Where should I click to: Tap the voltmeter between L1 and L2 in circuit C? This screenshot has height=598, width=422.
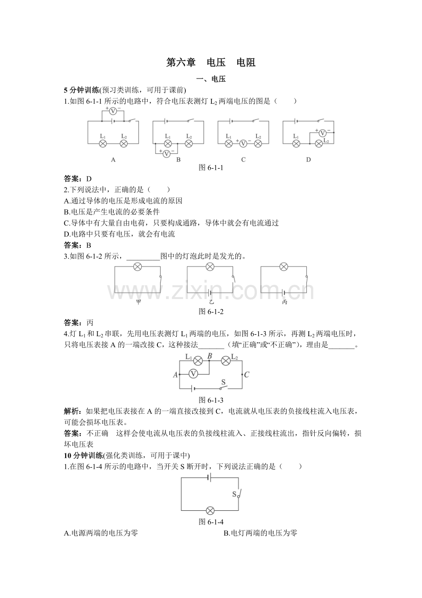pyautogui.click(x=243, y=143)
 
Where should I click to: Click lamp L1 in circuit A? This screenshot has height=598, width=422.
pyautogui.click(x=103, y=143)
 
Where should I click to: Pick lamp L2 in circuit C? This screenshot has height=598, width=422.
pyautogui.click(x=258, y=143)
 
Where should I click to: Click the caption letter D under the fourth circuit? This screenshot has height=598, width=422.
pyautogui.click(x=308, y=160)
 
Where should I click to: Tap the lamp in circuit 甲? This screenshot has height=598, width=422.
pyautogui.click(x=137, y=267)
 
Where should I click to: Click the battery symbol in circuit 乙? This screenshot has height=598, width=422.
pyautogui.click(x=210, y=293)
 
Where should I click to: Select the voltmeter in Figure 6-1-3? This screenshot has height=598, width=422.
pyautogui.click(x=193, y=374)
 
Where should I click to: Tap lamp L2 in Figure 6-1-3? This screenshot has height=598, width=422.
pyautogui.click(x=226, y=361)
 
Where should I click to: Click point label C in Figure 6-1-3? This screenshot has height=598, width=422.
pyautogui.click(x=246, y=374)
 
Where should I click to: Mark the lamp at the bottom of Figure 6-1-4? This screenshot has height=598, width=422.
pyautogui.click(x=210, y=510)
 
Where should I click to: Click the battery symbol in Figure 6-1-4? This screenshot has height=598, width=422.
pyautogui.click(x=210, y=478)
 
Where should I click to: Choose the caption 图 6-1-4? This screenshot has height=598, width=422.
pyautogui.click(x=211, y=522)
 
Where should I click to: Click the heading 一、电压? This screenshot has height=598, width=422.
pyautogui.click(x=211, y=79)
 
